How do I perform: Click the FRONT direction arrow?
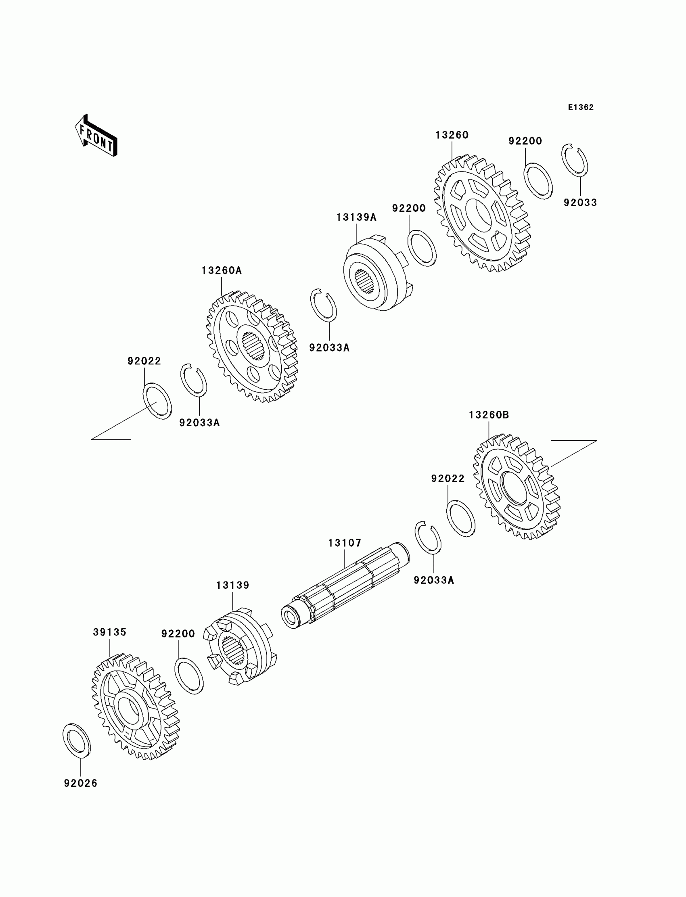96,136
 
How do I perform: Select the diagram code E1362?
580,107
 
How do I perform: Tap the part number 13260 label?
452,135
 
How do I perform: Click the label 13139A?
356,217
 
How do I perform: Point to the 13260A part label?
221,271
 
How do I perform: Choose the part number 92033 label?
580,203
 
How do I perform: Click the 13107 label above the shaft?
345,543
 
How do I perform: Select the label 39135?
109,632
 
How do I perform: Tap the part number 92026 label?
80,784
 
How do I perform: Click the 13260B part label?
488,415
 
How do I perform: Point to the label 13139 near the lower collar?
232,585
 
